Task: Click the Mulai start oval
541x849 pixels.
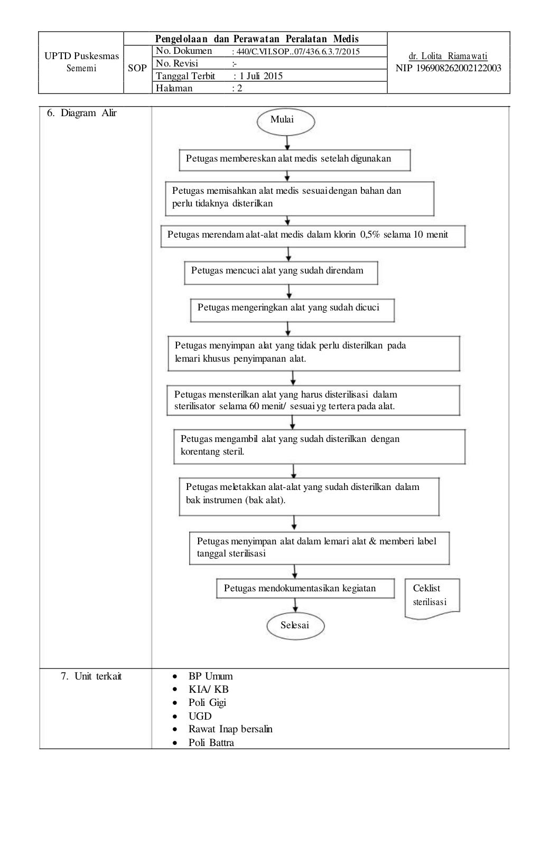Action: pyautogui.click(x=285, y=121)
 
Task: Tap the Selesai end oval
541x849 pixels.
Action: pyautogui.click(x=295, y=626)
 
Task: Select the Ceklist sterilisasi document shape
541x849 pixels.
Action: pyautogui.click(x=432, y=597)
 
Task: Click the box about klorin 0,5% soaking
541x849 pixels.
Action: pyautogui.click(x=313, y=236)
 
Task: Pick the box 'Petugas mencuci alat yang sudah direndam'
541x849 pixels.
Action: pyautogui.click(x=281, y=272)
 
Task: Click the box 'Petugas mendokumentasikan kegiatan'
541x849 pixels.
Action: pyautogui.click(x=305, y=589)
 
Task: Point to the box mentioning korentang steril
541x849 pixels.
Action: pyautogui.click(x=319, y=446)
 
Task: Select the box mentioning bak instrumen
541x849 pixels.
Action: pyautogui.click(x=309, y=496)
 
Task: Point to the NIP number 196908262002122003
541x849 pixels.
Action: pyautogui.click(x=448, y=68)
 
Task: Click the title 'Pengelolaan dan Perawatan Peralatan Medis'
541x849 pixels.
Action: pyautogui.click(x=257, y=39)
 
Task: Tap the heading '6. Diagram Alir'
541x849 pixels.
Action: pyautogui.click(x=82, y=113)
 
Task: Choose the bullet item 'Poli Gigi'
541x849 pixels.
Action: pyautogui.click(x=207, y=702)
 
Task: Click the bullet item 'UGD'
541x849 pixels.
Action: pyautogui.click(x=200, y=716)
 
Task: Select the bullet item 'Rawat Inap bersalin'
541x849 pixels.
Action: pyautogui.click(x=230, y=729)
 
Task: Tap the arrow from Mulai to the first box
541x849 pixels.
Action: pyautogui.click(x=287, y=142)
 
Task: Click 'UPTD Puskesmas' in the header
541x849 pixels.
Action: pyautogui.click(x=81, y=56)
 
